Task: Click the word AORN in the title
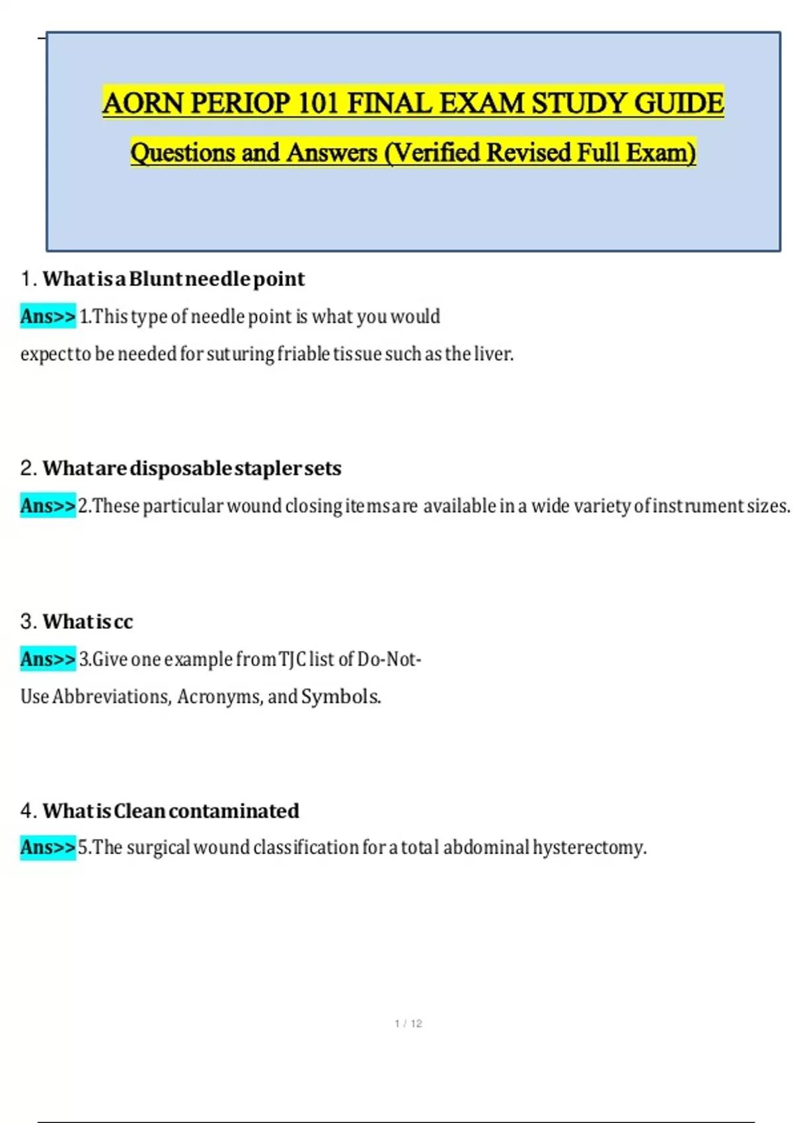tap(143, 103)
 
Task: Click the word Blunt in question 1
tap(156, 279)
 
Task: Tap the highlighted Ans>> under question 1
tap(48, 316)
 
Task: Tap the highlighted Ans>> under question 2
tap(48, 506)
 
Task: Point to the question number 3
tap(27, 622)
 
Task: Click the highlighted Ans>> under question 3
tap(48, 659)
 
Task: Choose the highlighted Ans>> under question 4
tap(48, 848)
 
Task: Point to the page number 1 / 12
tap(408, 1023)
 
